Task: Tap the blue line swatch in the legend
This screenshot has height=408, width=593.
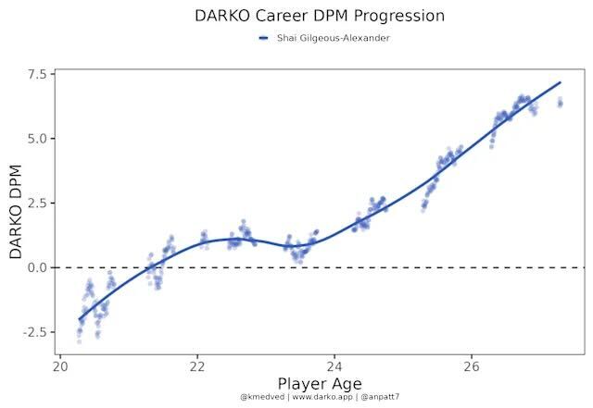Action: pyautogui.click(x=264, y=38)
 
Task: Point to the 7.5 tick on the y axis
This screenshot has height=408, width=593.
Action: pyautogui.click(x=38, y=74)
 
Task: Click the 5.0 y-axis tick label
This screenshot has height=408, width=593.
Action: pyautogui.click(x=38, y=139)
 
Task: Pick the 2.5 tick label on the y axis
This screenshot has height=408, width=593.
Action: pyautogui.click(x=38, y=203)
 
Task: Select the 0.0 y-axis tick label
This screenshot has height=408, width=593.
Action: pyautogui.click(x=38, y=267)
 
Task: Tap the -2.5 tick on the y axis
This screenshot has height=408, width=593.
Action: pyautogui.click(x=35, y=331)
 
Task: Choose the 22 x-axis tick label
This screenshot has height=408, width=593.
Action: pyautogui.click(x=197, y=366)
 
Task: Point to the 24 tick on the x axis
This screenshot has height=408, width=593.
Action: pyautogui.click(x=334, y=366)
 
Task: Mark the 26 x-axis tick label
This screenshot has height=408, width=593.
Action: pyautogui.click(x=472, y=366)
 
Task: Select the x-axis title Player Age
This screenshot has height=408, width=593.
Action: pyautogui.click(x=320, y=383)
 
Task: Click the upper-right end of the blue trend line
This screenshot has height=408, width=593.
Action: pyautogui.click(x=561, y=82)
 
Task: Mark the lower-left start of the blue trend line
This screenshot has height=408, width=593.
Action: pyautogui.click(x=80, y=319)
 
